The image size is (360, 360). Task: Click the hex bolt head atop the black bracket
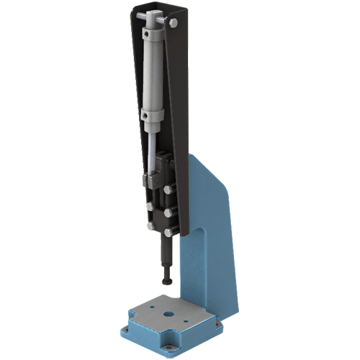pyautogui.click(x=173, y=22)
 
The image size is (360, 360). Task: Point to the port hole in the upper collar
pyautogui.click(x=147, y=34)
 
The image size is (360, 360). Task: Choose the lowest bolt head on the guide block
pyautogui.click(x=167, y=231)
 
